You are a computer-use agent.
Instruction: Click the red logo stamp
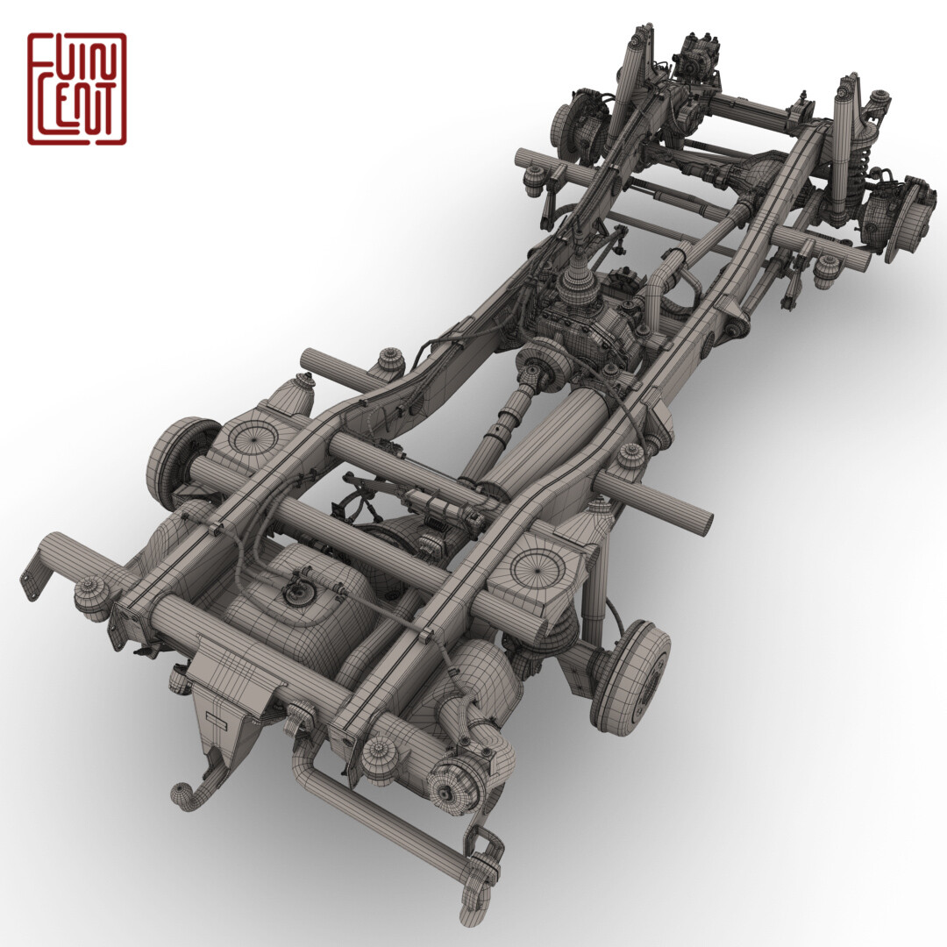(76, 89)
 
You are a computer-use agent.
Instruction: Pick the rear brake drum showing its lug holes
(633, 677)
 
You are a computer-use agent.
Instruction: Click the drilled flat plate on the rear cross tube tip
(35, 574)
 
